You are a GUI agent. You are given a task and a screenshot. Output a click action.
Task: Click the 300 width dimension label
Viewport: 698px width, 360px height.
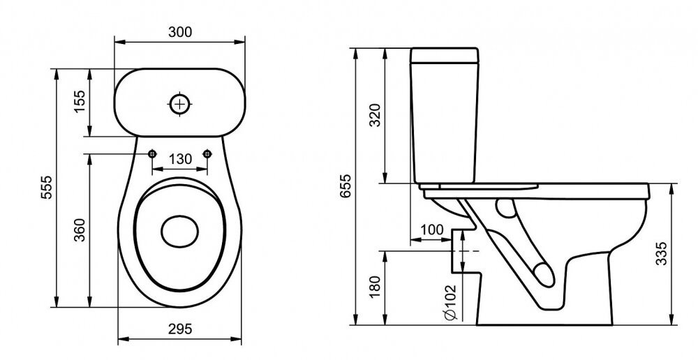tap(180, 32)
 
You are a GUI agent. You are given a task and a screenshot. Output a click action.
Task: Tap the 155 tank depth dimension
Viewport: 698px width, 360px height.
tap(80, 101)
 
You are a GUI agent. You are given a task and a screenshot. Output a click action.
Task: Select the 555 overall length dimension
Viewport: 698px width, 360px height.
tap(46, 188)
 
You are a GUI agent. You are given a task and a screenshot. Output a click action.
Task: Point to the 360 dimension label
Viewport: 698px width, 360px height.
tap(80, 230)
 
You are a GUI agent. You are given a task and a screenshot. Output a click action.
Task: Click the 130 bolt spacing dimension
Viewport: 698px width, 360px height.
tap(180, 159)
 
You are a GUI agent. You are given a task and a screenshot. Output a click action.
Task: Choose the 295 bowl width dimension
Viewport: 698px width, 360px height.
tap(180, 329)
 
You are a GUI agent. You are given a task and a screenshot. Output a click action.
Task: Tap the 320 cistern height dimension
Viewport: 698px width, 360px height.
tap(376, 115)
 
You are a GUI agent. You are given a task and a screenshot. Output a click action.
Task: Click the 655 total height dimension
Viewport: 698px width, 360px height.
tap(346, 186)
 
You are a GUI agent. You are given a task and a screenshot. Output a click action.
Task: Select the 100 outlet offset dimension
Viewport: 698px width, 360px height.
tap(432, 230)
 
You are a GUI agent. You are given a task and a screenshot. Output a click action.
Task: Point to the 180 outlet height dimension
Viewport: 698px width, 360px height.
tap(376, 287)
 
